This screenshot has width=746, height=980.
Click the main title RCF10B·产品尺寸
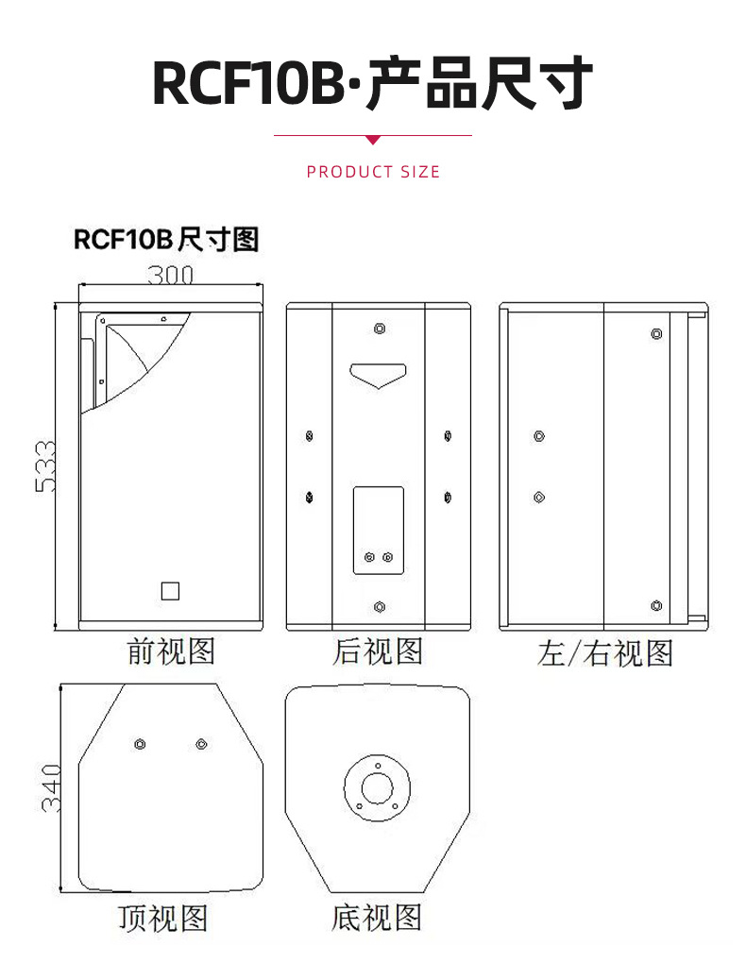(373, 82)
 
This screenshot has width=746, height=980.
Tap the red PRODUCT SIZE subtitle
(373, 172)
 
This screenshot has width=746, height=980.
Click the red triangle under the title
(373, 140)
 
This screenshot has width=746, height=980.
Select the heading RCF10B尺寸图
(166, 240)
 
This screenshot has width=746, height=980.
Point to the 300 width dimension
(170, 275)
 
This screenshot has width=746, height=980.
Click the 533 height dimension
(45, 467)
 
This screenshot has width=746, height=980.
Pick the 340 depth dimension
(51, 788)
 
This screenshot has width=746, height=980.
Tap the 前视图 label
(171, 651)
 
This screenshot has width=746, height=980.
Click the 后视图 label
(378, 651)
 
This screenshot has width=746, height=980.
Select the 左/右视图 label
(604, 653)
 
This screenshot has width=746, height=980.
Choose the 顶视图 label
(163, 918)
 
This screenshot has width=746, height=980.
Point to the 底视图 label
(377, 918)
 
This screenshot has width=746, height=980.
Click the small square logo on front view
(170, 591)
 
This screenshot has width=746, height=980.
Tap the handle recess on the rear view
(378, 375)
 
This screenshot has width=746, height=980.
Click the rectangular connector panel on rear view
(379, 530)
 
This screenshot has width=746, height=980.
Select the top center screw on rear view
(380, 329)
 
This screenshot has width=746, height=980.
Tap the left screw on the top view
(140, 744)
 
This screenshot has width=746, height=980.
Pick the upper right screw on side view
(656, 334)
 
